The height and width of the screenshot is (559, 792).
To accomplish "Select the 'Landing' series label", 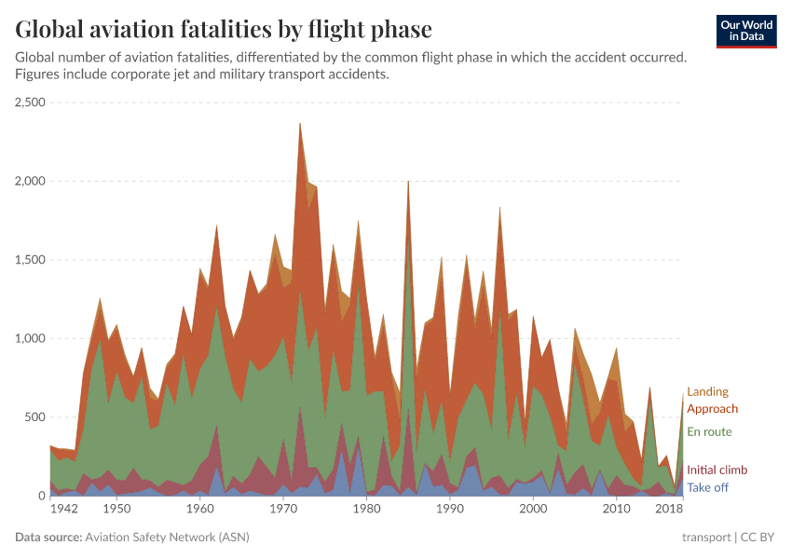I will pos(707,392).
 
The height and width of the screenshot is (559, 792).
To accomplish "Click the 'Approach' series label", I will pos(712,409).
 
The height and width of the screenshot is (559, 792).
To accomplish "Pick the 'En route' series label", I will pos(709,432).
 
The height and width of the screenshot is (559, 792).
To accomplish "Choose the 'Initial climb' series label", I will pos(717,470).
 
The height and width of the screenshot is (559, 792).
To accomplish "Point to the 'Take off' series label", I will pos(707,488).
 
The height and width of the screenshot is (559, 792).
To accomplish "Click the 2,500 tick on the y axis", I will pos(31,102).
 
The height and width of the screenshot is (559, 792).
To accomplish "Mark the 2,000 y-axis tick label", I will pos(31,182).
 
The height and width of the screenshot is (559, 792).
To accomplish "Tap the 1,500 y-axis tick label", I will pos(31,260).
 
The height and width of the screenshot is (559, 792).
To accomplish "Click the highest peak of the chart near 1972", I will pos(299,124).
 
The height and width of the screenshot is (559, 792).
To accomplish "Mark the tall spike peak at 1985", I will pos(408,182).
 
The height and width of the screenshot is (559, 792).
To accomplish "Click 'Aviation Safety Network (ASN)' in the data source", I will pos(167,538).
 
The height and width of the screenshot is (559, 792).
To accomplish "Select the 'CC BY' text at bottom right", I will pos(759,538).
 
